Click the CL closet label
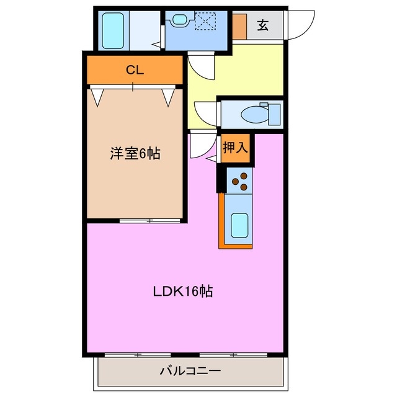(x=135, y=69)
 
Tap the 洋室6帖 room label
(x=135, y=153)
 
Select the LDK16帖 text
(x=183, y=291)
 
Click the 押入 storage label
(x=236, y=148)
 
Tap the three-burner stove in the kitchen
(x=240, y=181)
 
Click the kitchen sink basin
(x=240, y=225)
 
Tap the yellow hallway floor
(x=248, y=71)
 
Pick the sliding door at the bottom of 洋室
(x=151, y=220)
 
